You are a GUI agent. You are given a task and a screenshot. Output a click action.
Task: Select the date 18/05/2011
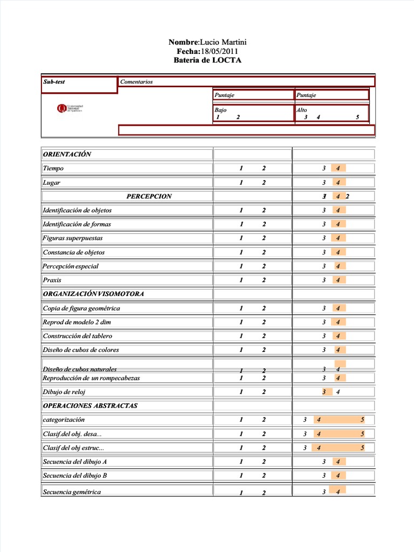click(x=219, y=51)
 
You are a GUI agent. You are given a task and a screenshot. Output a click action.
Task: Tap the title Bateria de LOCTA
click(x=208, y=60)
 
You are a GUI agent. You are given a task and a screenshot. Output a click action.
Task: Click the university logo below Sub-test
click(x=70, y=108)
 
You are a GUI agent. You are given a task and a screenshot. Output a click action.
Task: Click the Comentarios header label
click(x=137, y=82)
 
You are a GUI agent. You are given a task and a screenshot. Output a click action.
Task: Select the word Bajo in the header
click(x=220, y=109)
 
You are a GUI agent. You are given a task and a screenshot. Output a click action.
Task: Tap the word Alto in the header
click(x=301, y=109)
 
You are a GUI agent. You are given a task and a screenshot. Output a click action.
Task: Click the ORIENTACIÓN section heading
click(x=67, y=154)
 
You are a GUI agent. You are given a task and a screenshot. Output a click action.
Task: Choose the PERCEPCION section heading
click(x=149, y=196)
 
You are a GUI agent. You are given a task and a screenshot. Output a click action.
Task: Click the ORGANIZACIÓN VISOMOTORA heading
click(x=93, y=294)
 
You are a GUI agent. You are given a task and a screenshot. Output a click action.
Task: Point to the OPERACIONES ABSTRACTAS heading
click(x=90, y=405)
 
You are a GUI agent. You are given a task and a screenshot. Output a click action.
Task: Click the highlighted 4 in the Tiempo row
click(x=338, y=168)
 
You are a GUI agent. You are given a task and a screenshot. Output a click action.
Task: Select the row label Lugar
click(x=52, y=182)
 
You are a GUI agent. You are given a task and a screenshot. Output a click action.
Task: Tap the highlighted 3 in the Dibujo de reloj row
click(x=324, y=392)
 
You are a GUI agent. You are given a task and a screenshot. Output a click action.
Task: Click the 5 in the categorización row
click(x=362, y=420)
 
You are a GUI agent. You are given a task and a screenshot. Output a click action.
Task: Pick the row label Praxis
click(x=52, y=280)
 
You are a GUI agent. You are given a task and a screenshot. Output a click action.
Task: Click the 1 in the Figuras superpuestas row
click(x=241, y=238)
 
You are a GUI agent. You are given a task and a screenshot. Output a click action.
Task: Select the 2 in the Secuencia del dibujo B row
click(x=264, y=475)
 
